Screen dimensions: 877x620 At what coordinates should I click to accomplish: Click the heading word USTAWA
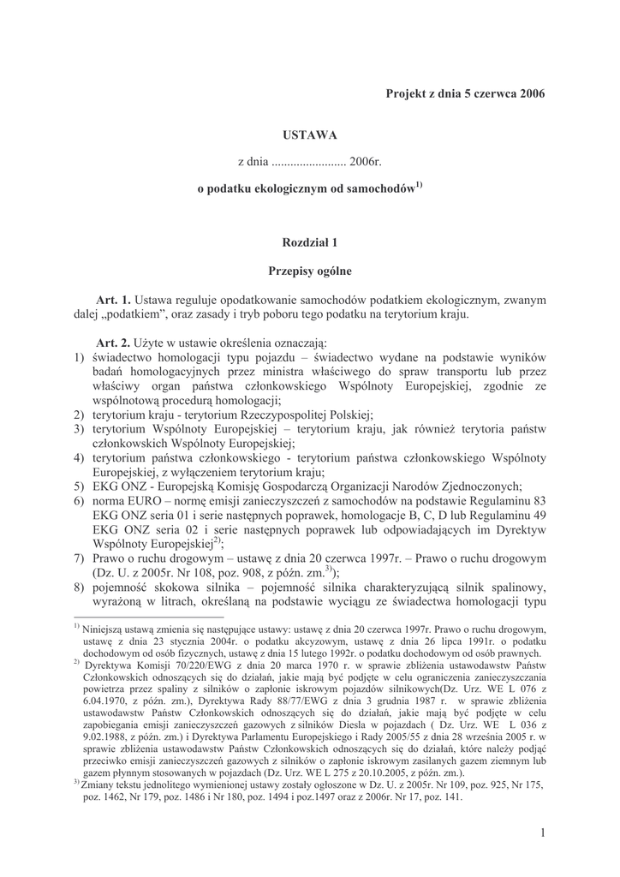pos(310,134)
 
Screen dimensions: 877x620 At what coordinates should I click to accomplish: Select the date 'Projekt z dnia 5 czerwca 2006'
pos(465,92)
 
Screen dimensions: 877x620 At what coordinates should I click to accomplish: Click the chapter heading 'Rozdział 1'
pos(310,243)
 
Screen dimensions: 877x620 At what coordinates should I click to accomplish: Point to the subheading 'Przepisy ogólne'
pos(310,271)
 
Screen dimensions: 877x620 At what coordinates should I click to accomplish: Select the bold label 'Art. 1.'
pos(113,300)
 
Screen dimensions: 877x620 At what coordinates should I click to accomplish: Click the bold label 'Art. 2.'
pos(113,341)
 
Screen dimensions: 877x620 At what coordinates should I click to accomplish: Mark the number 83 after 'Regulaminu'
pos(538,498)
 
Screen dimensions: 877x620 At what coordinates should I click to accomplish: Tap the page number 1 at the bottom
pos(543,832)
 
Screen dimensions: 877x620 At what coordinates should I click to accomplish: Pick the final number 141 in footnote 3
pos(450,796)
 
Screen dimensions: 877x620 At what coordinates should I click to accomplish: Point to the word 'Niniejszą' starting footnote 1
pos(104,628)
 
